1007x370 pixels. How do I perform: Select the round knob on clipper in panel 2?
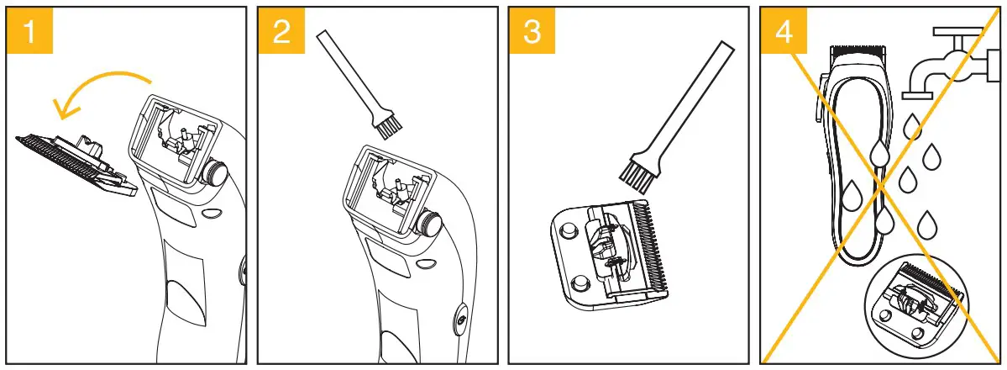pyautogui.click(x=430, y=223)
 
